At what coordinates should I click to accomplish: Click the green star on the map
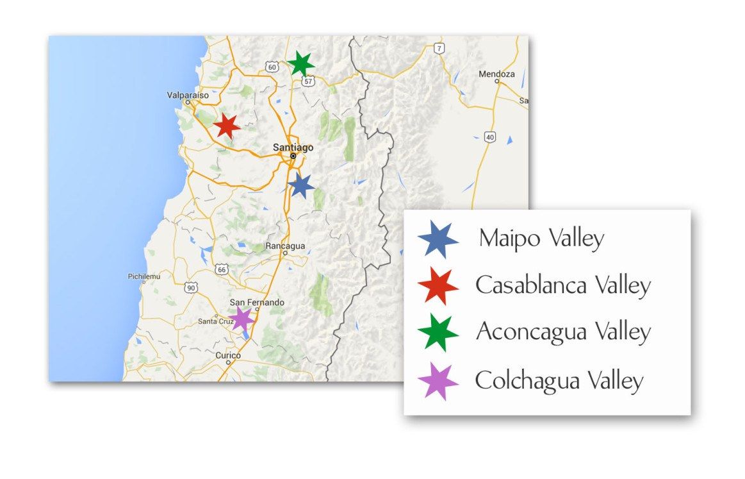point(300,63)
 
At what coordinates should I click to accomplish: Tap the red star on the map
point(226,126)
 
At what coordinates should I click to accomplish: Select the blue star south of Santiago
point(300,186)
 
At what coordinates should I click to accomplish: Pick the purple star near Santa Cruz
point(242,319)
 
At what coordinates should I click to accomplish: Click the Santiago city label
point(293,147)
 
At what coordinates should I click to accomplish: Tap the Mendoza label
point(496,74)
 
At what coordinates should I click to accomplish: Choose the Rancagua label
point(286,246)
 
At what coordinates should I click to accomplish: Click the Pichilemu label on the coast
point(144,276)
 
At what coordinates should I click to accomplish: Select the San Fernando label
point(257,303)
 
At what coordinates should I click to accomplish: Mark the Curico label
point(228,355)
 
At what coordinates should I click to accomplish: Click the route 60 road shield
point(272,67)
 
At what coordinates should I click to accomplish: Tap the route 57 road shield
point(309,81)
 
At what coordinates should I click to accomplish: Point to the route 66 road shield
point(222,270)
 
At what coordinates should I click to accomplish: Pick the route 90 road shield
point(191,288)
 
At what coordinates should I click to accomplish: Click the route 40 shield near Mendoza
point(490,137)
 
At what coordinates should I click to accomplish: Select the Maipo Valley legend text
point(541,239)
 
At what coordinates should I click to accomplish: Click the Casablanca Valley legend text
point(563,285)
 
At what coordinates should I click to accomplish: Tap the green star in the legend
point(438,332)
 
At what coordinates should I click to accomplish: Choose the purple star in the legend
point(438,382)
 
